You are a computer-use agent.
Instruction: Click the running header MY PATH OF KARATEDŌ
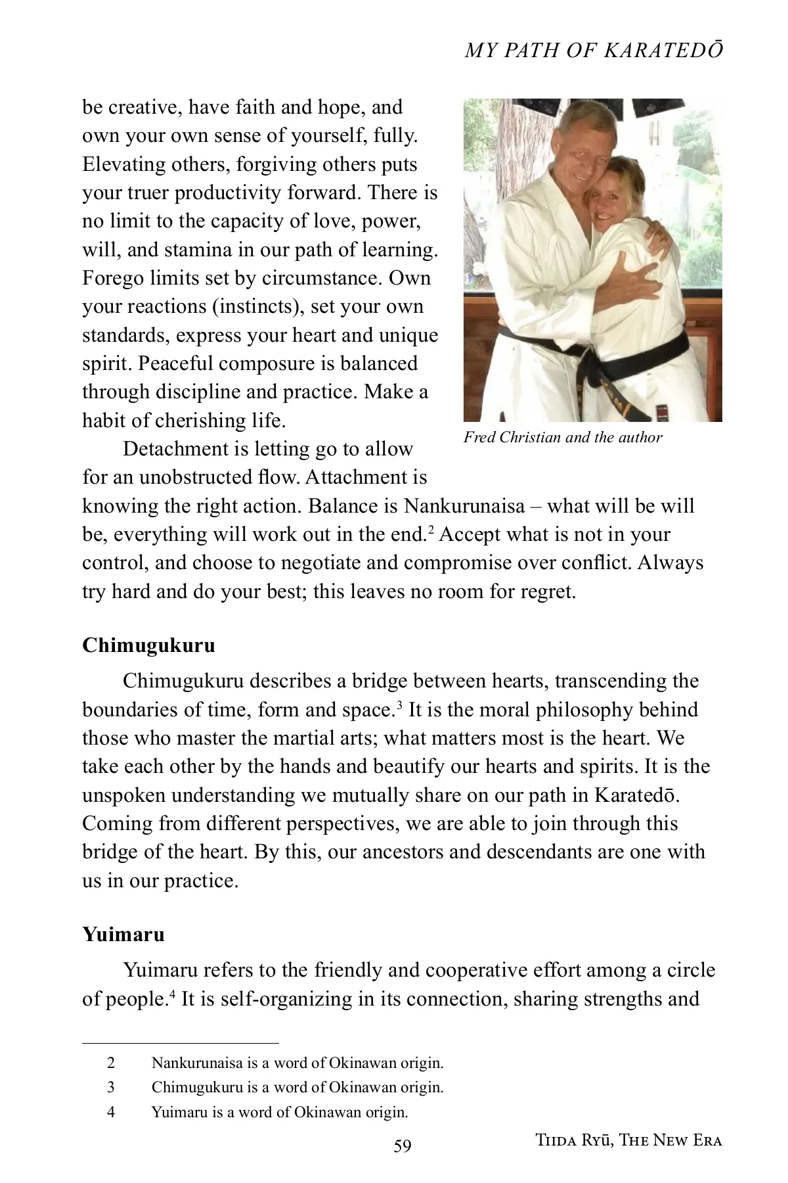[x=594, y=51]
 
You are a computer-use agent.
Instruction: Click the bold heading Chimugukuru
[x=148, y=645]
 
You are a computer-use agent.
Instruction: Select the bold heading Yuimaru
[x=123, y=935]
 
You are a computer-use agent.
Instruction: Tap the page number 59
[x=403, y=1146]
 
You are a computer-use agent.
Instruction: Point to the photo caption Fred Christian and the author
[x=563, y=438]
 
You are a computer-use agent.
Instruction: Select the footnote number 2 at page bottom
[x=111, y=1063]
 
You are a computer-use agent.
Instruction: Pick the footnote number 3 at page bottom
[x=111, y=1088]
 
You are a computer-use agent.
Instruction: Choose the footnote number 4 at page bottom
[x=111, y=1112]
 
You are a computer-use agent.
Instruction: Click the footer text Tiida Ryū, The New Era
[x=628, y=1140]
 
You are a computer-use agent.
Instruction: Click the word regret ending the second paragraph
[x=547, y=591]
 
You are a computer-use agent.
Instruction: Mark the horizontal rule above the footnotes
[x=181, y=1043]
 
